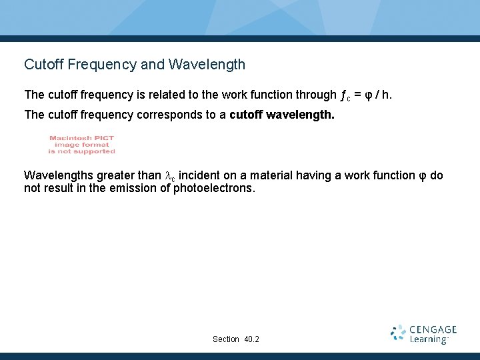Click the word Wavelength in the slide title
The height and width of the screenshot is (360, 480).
[207, 65]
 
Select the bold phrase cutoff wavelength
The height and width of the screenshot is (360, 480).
[282, 115]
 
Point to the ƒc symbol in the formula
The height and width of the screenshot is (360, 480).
[345, 95]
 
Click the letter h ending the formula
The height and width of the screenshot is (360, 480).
[386, 95]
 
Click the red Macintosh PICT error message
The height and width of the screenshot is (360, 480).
[82, 145]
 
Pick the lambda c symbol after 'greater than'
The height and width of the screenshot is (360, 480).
[171, 176]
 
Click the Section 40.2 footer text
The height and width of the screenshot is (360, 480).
[236, 339]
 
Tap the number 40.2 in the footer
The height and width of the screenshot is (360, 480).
[252, 339]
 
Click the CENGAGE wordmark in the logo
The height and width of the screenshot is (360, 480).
[433, 329]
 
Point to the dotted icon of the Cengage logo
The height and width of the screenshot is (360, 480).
[399, 333]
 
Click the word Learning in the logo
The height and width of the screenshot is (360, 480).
[429, 339]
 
